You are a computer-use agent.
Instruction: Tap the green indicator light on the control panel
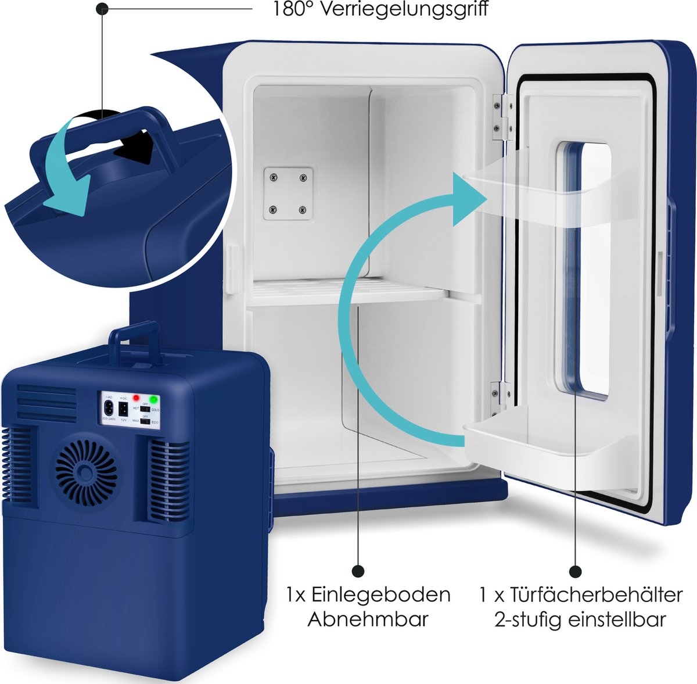(154, 399)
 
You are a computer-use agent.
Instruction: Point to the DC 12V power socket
(123, 407)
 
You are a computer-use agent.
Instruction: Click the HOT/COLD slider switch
(145, 410)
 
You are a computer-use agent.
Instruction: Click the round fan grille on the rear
(86, 474)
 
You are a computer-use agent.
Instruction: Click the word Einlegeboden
(380, 595)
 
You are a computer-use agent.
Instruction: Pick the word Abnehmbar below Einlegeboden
(367, 619)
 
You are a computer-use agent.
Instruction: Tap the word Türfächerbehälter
(596, 595)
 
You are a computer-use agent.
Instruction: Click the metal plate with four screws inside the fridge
(288, 194)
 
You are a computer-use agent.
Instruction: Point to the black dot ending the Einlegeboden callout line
(358, 571)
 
